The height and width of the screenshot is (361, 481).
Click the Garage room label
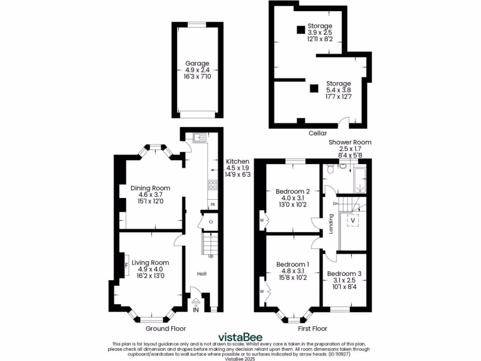[x=197, y=63]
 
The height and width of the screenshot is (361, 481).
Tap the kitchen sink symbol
[x=199, y=137]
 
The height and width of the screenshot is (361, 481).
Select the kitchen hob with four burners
[x=212, y=185]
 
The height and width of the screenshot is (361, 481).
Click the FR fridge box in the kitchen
[x=212, y=204]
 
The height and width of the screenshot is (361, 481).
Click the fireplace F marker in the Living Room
[x=126, y=265]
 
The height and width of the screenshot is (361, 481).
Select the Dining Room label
[x=150, y=188]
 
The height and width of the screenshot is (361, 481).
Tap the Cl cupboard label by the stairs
[x=211, y=221]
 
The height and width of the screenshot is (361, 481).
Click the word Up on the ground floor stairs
[x=210, y=256]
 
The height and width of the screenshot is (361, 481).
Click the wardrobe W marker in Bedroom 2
[x=262, y=219]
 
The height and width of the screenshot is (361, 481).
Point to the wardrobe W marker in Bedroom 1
[x=262, y=291]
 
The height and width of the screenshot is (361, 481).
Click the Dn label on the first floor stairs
[x=335, y=204]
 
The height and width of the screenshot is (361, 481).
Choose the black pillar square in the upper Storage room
[x=300, y=30]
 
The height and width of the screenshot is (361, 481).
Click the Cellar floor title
[x=318, y=133]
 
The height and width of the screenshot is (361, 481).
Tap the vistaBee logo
[x=240, y=337]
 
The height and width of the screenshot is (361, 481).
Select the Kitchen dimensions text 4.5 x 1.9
[x=238, y=168]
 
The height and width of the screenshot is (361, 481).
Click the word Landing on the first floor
[x=331, y=225]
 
